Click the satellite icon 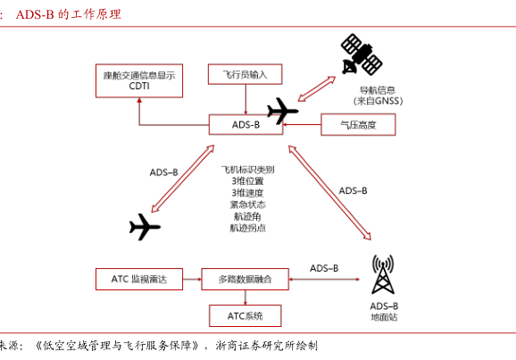(362, 54)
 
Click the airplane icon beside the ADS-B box (283, 111)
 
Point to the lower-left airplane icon (145, 227)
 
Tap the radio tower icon (383, 274)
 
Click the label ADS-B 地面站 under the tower (384, 312)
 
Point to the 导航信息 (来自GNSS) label (378, 96)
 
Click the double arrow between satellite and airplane (317, 89)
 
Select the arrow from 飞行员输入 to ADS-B (246, 99)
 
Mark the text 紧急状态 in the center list (247, 205)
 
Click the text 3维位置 (247, 180)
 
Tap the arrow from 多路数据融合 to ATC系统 (246, 297)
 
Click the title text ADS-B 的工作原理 (69, 14)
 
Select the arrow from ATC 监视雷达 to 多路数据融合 (192, 280)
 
